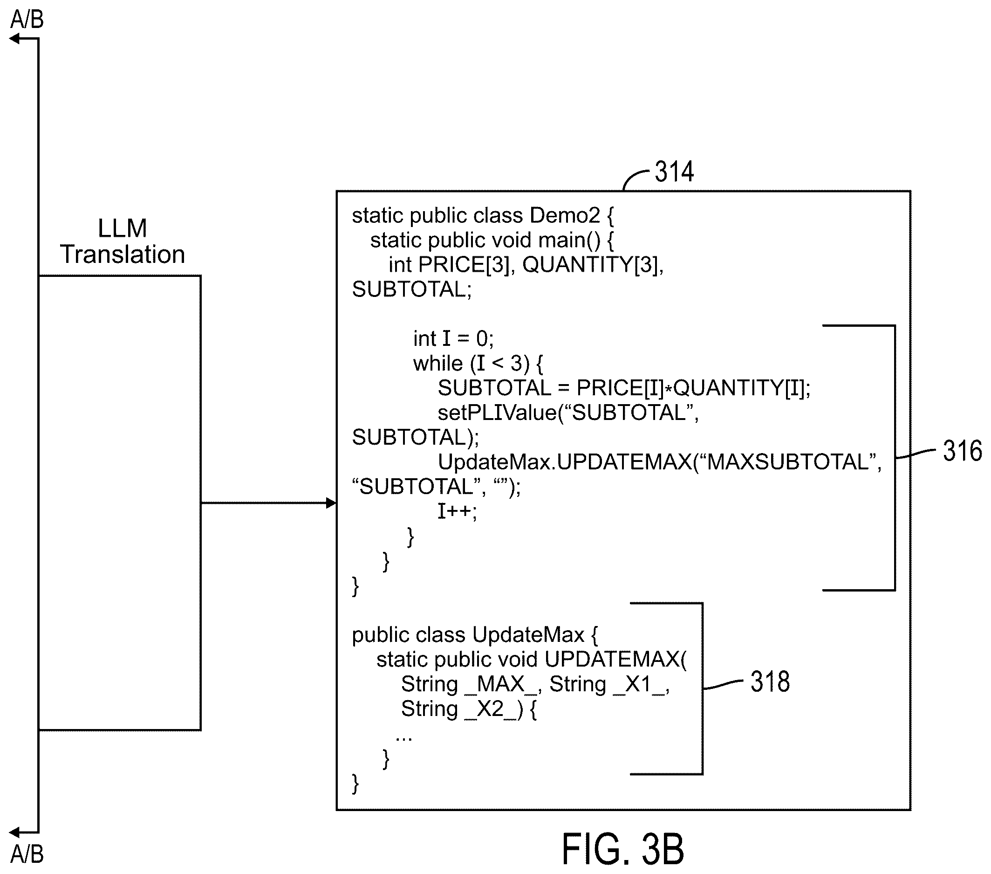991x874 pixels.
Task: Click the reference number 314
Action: coord(674,172)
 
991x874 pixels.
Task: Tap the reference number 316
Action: coord(963,451)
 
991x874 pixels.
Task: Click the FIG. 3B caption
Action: coord(622,849)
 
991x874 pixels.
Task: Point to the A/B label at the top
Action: coord(27,20)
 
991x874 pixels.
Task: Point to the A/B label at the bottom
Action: coord(27,854)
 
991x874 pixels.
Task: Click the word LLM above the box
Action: coord(122,228)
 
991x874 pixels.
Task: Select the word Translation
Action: coord(122,254)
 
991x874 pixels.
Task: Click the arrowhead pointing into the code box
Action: coord(332,503)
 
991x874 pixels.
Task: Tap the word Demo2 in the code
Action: coord(565,215)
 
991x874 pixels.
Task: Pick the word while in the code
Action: coord(438,363)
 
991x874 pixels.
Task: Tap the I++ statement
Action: coord(457,511)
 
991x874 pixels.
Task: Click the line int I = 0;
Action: coord(453,338)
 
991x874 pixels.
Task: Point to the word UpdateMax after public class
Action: coord(528,635)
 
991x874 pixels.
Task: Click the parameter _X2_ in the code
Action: coord(491,709)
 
